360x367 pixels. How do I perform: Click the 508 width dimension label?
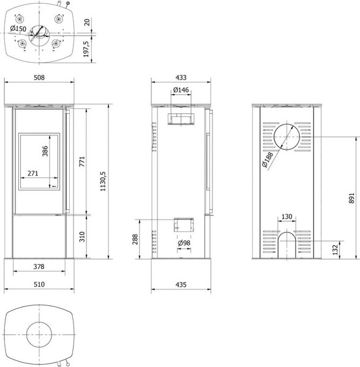[x=39, y=78]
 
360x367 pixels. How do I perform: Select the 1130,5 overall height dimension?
[x=103, y=181]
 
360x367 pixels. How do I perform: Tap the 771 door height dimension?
[x=82, y=161]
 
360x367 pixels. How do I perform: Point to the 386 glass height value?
[x=45, y=151]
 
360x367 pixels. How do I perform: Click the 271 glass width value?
[x=33, y=173]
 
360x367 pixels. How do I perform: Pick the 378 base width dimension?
[x=39, y=266]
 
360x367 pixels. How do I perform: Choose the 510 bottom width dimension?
[x=39, y=284]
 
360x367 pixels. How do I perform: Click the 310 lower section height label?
[x=82, y=237]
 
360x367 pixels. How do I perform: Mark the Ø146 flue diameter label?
[x=181, y=90]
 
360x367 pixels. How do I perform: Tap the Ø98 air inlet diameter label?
[x=184, y=243]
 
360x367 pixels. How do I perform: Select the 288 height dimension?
[x=135, y=239]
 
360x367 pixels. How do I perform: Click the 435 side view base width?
[x=181, y=284]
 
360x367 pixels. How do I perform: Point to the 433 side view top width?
[x=181, y=78]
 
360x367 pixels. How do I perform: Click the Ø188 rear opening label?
[x=268, y=160]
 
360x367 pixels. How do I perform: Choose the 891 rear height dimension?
[x=351, y=198]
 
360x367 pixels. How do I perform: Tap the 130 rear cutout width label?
[x=287, y=217]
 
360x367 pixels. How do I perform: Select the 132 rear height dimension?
[x=336, y=250]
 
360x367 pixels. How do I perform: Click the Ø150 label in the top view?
[x=18, y=29]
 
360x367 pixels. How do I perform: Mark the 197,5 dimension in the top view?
[x=86, y=49]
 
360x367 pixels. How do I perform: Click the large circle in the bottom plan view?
[x=39, y=322]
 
